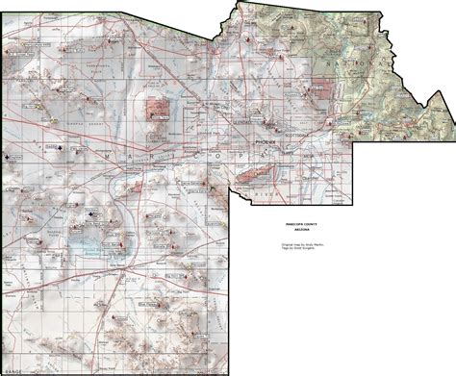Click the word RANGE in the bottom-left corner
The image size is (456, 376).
pyautogui.click(x=12, y=371)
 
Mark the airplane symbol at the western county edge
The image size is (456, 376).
pyautogui.click(x=9, y=155)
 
